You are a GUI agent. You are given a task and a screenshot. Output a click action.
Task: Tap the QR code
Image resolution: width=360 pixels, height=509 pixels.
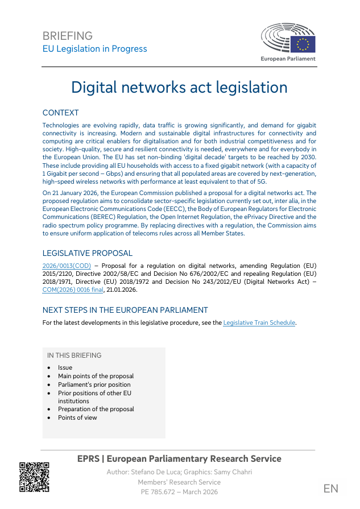tap(34, 477)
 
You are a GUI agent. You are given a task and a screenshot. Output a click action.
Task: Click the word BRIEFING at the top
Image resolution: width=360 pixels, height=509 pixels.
tap(67, 36)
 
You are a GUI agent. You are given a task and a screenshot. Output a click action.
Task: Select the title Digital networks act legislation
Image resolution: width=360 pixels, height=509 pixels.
tap(179, 88)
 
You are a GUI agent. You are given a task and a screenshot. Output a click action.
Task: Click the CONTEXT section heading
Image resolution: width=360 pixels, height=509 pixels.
tap(60, 113)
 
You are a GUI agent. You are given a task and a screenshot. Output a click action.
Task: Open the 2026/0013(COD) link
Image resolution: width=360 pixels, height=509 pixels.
tap(67, 266)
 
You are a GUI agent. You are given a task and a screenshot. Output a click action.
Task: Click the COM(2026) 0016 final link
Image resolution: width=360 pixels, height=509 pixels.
tap(73, 289)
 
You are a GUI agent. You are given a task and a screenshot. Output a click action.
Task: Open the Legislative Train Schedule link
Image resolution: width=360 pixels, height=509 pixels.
tap(259, 323)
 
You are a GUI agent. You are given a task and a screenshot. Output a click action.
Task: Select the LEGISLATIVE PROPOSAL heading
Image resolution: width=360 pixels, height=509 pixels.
tap(88, 254)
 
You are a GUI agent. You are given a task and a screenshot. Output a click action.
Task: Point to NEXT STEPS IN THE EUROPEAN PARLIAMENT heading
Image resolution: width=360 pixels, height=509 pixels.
tap(125, 311)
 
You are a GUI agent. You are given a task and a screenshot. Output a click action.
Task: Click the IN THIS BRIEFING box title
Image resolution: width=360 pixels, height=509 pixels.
tap(75, 355)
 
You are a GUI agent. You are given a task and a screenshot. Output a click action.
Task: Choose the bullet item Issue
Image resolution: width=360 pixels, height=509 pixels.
tap(65, 367)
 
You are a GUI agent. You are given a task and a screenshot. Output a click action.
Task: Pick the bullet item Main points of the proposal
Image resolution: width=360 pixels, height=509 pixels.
tap(96, 376)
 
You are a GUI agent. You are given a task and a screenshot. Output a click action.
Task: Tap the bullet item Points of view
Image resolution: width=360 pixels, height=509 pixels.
tap(77, 417)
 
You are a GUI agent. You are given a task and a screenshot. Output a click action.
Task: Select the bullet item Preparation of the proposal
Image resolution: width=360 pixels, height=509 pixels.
tap(96, 409)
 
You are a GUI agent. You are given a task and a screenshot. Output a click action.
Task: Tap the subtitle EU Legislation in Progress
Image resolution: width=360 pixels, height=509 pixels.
tap(95, 49)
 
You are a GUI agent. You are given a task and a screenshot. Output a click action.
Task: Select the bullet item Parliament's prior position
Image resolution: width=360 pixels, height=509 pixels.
tap(94, 384)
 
